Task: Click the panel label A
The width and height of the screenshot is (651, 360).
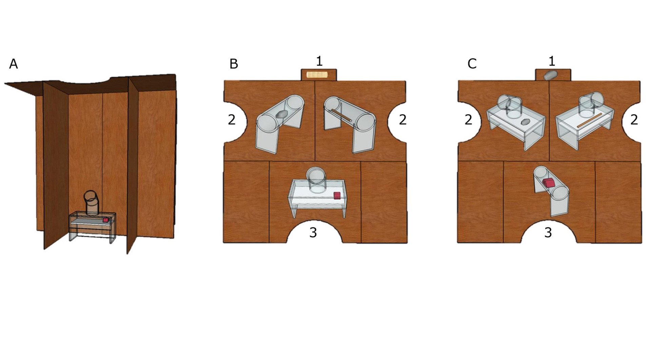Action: [x=13, y=64]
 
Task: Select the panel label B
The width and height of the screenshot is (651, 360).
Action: [x=234, y=64]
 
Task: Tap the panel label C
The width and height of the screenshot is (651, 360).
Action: [x=472, y=64]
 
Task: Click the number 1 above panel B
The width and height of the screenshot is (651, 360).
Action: [x=319, y=61]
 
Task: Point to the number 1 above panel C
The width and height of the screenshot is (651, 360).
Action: [x=552, y=61]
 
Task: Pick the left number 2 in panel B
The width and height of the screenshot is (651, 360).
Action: [x=232, y=119]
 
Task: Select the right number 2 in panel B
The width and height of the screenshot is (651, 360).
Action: [x=402, y=119]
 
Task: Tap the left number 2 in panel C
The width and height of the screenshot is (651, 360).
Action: [x=468, y=119]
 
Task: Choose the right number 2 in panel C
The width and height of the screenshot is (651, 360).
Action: [x=634, y=119]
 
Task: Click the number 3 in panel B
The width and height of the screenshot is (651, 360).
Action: [x=313, y=232]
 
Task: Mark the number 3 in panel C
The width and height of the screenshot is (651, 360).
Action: [x=548, y=232]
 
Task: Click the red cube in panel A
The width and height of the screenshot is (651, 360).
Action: [x=106, y=220]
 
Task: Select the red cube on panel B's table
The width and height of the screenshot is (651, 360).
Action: [x=337, y=195]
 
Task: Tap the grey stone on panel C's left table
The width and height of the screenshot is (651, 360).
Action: [x=525, y=121]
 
